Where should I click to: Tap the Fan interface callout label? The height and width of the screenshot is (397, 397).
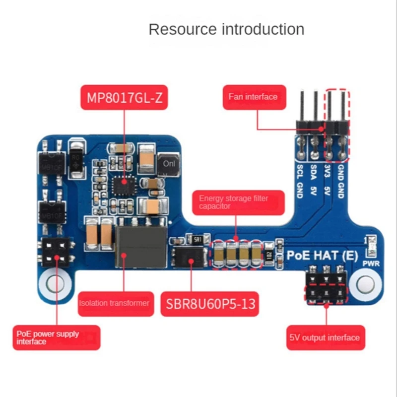(253, 97)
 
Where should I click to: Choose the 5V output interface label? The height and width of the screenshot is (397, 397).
(325, 337)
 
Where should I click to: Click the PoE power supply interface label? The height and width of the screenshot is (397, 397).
(56, 337)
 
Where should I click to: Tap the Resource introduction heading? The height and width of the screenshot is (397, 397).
(226, 29)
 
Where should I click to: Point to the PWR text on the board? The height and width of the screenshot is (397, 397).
(371, 264)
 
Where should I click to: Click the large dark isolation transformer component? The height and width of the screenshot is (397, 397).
(139, 245)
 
